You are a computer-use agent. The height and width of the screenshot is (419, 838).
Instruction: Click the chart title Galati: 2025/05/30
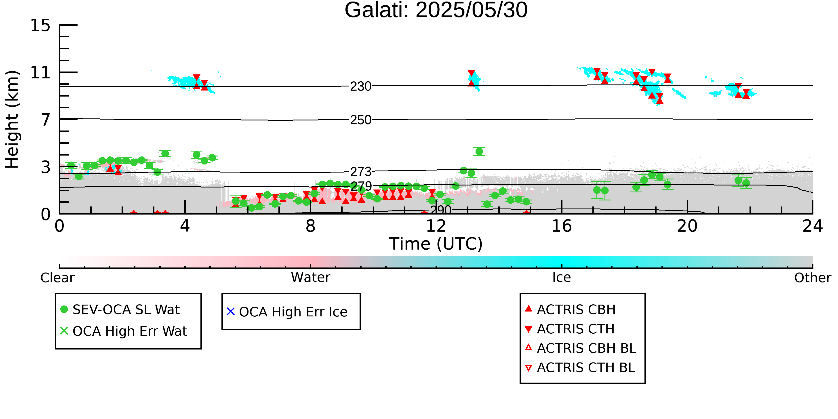click(x=436, y=11)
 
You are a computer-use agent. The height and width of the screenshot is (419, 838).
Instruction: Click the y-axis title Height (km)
click(x=12, y=119)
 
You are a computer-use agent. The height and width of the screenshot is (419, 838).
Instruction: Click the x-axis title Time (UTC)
click(x=436, y=244)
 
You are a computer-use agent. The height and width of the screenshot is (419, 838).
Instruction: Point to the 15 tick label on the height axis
click(x=40, y=25)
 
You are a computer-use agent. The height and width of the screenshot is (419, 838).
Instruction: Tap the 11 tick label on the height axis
click(x=40, y=73)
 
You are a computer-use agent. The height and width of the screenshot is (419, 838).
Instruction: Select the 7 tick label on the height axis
click(x=46, y=120)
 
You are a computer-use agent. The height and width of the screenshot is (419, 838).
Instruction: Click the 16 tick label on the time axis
click(x=562, y=226)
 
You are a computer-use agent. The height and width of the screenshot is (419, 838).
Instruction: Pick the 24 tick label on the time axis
click(x=813, y=226)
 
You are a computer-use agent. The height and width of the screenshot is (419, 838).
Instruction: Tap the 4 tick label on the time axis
click(x=185, y=226)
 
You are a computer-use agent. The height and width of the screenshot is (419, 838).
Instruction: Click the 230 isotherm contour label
click(x=361, y=86)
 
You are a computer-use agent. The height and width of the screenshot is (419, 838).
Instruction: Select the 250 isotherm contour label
click(x=361, y=120)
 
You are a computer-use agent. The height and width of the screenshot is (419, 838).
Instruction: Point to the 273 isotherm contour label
click(x=361, y=172)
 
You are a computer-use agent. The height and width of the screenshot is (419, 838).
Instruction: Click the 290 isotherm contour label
click(x=441, y=210)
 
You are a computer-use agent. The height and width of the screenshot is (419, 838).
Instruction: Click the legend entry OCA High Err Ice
click(x=287, y=312)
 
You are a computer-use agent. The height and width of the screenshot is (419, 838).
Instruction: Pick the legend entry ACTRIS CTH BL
click(x=580, y=368)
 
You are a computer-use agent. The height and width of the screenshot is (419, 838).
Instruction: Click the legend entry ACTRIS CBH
click(x=570, y=310)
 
